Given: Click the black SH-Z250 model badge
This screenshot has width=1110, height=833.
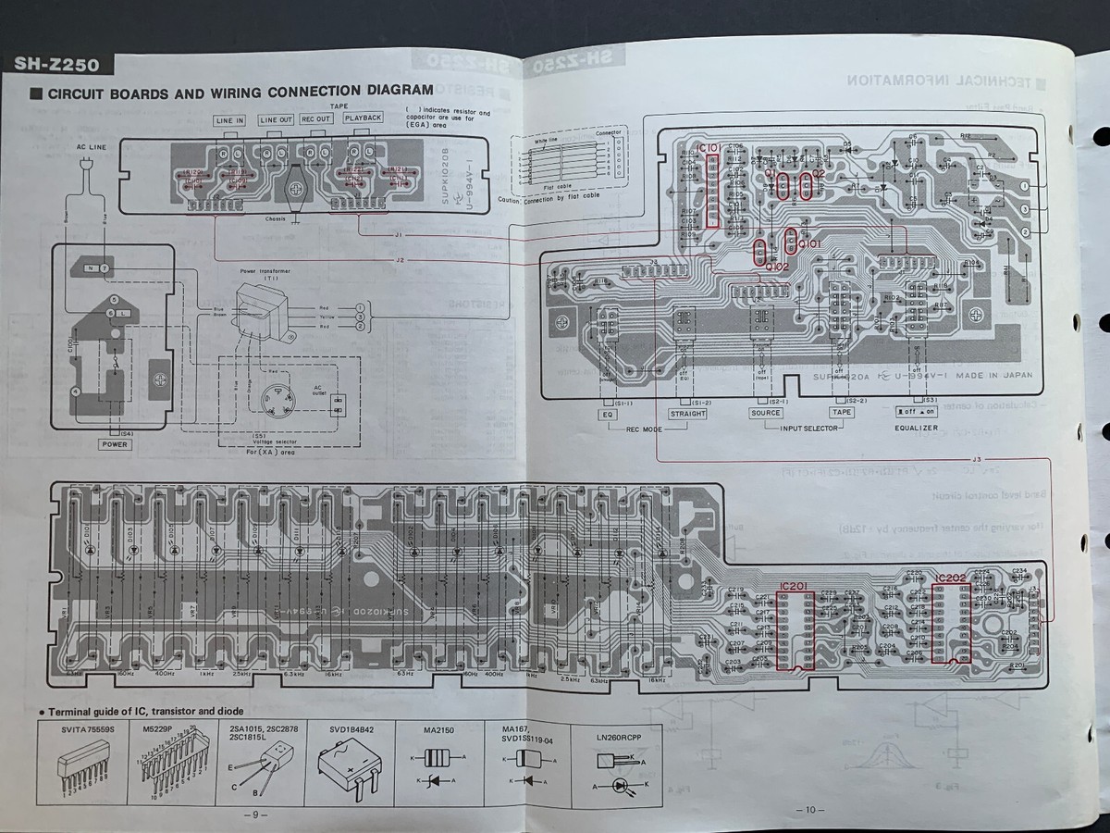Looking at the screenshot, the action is [57, 64].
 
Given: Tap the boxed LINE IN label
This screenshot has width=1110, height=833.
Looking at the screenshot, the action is [229, 120].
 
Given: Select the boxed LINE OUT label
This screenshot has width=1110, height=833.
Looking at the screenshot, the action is [276, 119].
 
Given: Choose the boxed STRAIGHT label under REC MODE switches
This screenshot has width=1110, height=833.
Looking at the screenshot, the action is [687, 413].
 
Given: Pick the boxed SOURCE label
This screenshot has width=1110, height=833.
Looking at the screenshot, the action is [765, 413].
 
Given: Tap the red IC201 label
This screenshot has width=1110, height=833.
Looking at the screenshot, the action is [793, 583].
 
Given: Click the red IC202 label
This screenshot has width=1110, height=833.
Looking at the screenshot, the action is [950, 578].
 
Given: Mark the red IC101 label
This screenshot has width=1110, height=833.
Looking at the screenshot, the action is [711, 148].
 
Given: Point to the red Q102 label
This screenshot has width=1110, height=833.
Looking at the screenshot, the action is [776, 267].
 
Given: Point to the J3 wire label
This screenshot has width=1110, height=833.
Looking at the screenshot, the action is [977, 459].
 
